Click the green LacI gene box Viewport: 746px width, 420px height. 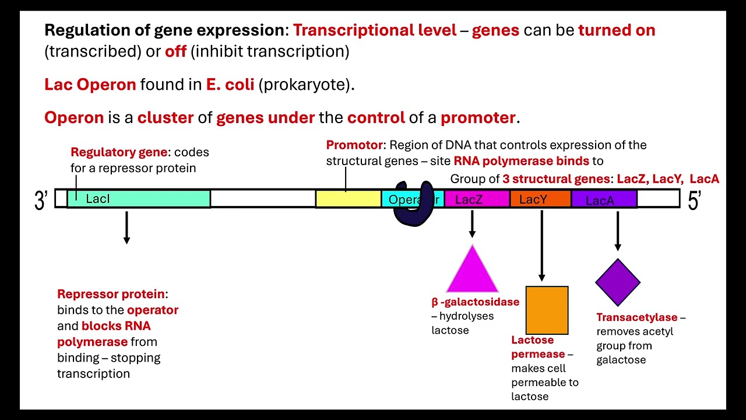139,199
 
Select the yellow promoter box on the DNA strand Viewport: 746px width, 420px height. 348,199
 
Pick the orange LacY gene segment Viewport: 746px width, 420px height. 540,199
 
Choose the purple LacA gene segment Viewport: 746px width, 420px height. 604,199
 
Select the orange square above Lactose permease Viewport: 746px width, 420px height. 547,310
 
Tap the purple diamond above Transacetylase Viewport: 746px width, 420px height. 618,282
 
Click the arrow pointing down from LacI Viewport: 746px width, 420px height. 126,227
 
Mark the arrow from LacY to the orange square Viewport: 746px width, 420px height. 542,245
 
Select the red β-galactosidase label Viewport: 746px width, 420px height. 475,302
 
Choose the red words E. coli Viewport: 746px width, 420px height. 230,85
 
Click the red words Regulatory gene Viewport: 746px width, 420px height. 119,152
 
